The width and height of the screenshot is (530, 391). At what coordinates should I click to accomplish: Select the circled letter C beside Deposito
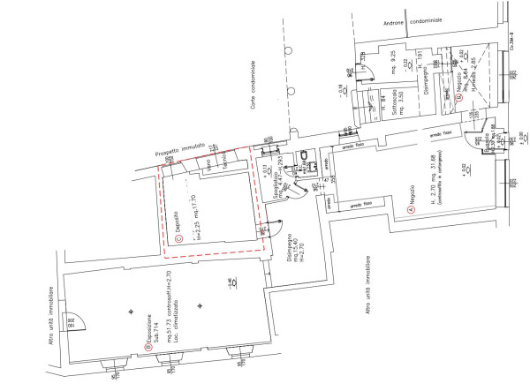178,237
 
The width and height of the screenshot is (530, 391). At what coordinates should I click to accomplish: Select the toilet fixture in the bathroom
303,160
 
